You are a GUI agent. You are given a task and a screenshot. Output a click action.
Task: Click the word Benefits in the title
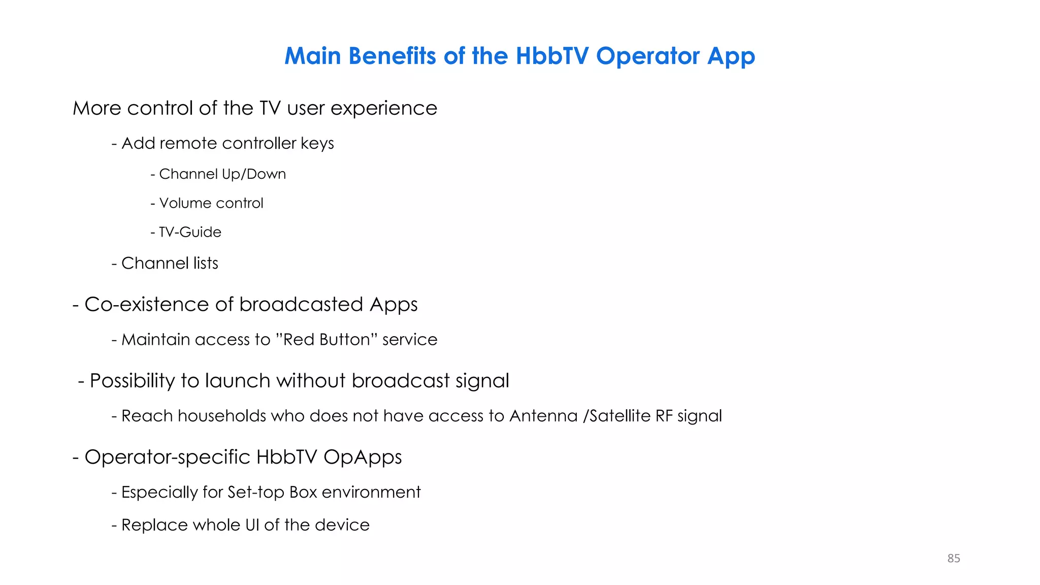pyautogui.click(x=392, y=56)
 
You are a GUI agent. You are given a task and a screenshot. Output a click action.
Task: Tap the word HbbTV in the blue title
pyautogui.click(x=552, y=56)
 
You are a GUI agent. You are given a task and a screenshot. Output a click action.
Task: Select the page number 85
pyautogui.click(x=953, y=558)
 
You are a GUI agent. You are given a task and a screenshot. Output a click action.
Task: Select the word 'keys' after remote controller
pyautogui.click(x=317, y=144)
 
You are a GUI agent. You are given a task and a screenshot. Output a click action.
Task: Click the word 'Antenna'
pyautogui.click(x=543, y=416)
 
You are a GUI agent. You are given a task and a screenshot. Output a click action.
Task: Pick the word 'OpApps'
pyautogui.click(x=362, y=458)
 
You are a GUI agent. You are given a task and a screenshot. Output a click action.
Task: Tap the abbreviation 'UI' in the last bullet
pyautogui.click(x=252, y=525)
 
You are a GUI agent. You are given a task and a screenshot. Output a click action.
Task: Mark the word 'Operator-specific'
pyautogui.click(x=167, y=458)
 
